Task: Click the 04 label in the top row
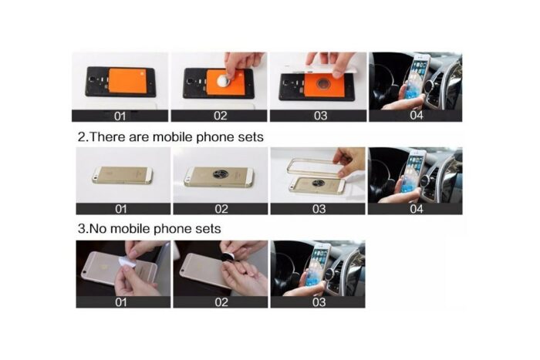(416, 116)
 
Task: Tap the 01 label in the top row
(120, 116)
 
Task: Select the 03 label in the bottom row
(319, 302)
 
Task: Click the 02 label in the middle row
(221, 209)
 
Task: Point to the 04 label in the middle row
(416, 209)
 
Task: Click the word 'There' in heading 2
(106, 137)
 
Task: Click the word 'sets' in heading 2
(251, 137)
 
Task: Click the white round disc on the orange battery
(224, 80)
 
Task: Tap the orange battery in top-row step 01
(127, 82)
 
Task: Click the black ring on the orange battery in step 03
(324, 85)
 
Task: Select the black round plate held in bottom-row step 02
(227, 258)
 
